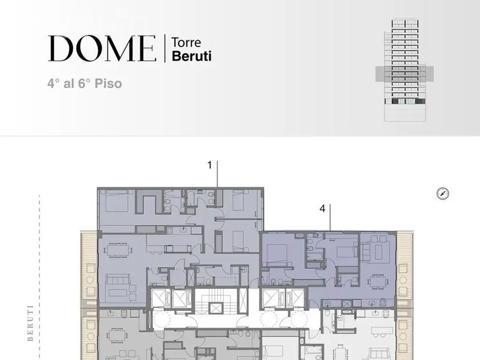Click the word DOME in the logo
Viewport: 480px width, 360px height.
[102, 48]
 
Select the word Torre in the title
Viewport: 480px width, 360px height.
[186, 43]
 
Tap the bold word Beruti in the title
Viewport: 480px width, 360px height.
[192, 56]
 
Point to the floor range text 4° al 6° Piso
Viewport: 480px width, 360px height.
[84, 83]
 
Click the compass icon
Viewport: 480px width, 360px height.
[442, 194]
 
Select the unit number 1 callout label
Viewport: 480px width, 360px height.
[210, 165]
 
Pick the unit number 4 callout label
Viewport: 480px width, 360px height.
[322, 209]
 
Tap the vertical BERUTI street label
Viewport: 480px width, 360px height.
[30, 322]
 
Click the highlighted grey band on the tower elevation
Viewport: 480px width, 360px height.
[405, 74]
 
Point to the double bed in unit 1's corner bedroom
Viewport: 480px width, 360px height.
[116, 201]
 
